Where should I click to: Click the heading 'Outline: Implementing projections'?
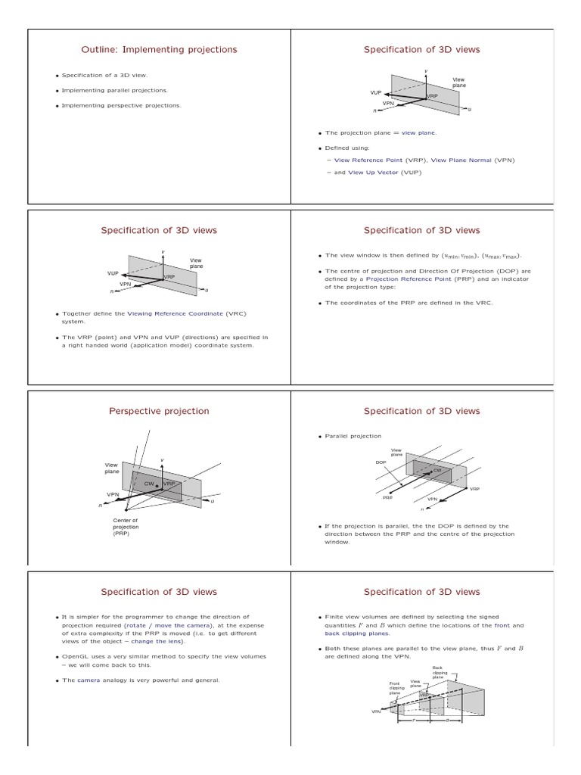point(159,50)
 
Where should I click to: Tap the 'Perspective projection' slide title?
point(159,411)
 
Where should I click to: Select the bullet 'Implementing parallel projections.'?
point(114,90)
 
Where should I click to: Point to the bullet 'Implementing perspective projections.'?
point(121,105)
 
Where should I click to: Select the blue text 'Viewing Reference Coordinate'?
point(163,313)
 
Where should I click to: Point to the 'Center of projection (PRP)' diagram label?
point(125,526)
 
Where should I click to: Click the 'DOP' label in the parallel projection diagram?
point(381,462)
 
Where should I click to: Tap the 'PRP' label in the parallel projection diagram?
point(387,498)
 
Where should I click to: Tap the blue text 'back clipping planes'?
point(356,633)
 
